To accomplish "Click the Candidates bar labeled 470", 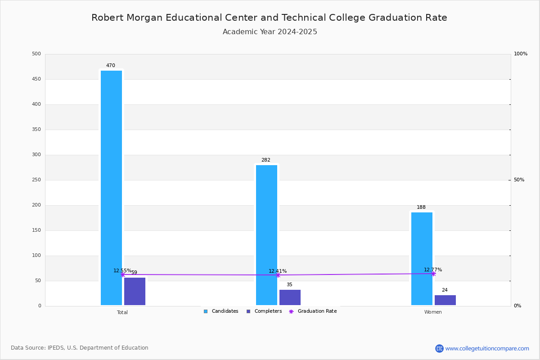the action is (112, 188).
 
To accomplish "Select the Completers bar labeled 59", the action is (135, 291).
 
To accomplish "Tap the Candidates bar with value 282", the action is (266, 235).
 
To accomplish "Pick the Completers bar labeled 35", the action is (290, 297).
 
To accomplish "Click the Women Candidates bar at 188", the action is (422, 259).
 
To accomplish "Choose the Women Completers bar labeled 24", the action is (445, 300).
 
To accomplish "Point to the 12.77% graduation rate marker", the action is (433, 274).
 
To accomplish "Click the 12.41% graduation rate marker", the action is (278, 275).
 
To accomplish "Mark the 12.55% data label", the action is (122, 270).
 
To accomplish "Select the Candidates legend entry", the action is (221, 311).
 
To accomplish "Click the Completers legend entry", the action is (264, 311).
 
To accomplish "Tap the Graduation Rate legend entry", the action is (313, 311).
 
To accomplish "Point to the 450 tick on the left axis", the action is (36, 79).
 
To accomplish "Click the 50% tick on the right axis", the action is (519, 180).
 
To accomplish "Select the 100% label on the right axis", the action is (521, 54).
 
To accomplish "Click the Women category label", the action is (433, 312).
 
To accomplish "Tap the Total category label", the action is (122, 312).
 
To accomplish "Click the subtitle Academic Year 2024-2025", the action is (270, 31).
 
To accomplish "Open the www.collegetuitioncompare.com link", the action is (487, 348).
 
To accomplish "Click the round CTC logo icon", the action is (439, 348).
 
